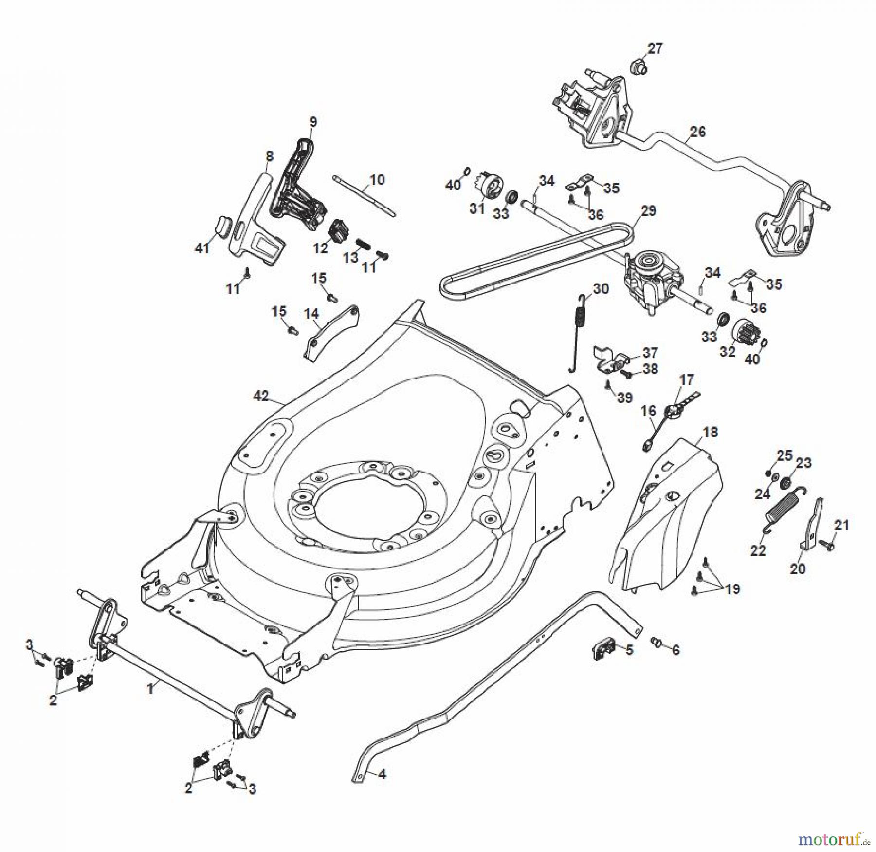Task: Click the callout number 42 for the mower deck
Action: point(261,396)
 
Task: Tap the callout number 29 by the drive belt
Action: point(649,211)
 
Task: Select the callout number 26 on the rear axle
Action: point(698,132)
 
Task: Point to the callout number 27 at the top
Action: point(655,49)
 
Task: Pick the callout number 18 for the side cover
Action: point(710,432)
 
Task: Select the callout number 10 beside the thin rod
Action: point(377,179)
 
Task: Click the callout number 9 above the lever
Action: point(312,122)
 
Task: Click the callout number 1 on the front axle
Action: point(150,688)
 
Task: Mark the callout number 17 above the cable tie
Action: point(687,379)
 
